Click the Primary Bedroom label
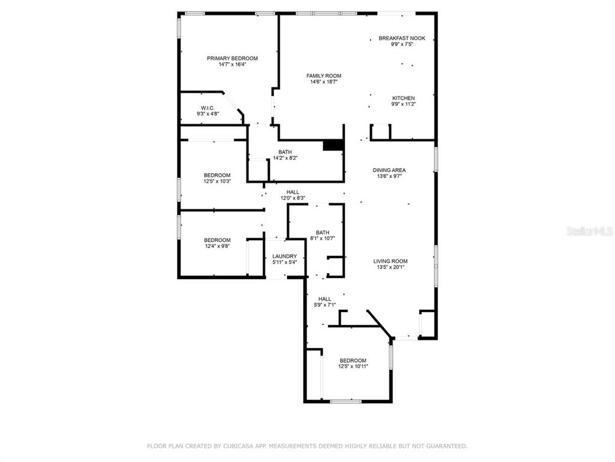point(232,58)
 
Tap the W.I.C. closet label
point(207,108)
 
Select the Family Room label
point(324,76)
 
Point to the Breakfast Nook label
point(402,38)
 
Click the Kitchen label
point(404,98)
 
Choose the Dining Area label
point(389,170)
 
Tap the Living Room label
point(390,261)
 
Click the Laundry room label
point(285,256)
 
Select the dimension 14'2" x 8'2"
point(285,158)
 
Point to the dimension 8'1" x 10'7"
point(323,238)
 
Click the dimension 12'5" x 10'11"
point(353,366)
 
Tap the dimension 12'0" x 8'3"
point(292,199)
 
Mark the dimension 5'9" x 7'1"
point(325,305)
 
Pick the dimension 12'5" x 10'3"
point(217,182)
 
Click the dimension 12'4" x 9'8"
point(217,246)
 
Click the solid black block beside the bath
point(333,145)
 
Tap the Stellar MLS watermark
point(590,231)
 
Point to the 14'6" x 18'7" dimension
point(324,82)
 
